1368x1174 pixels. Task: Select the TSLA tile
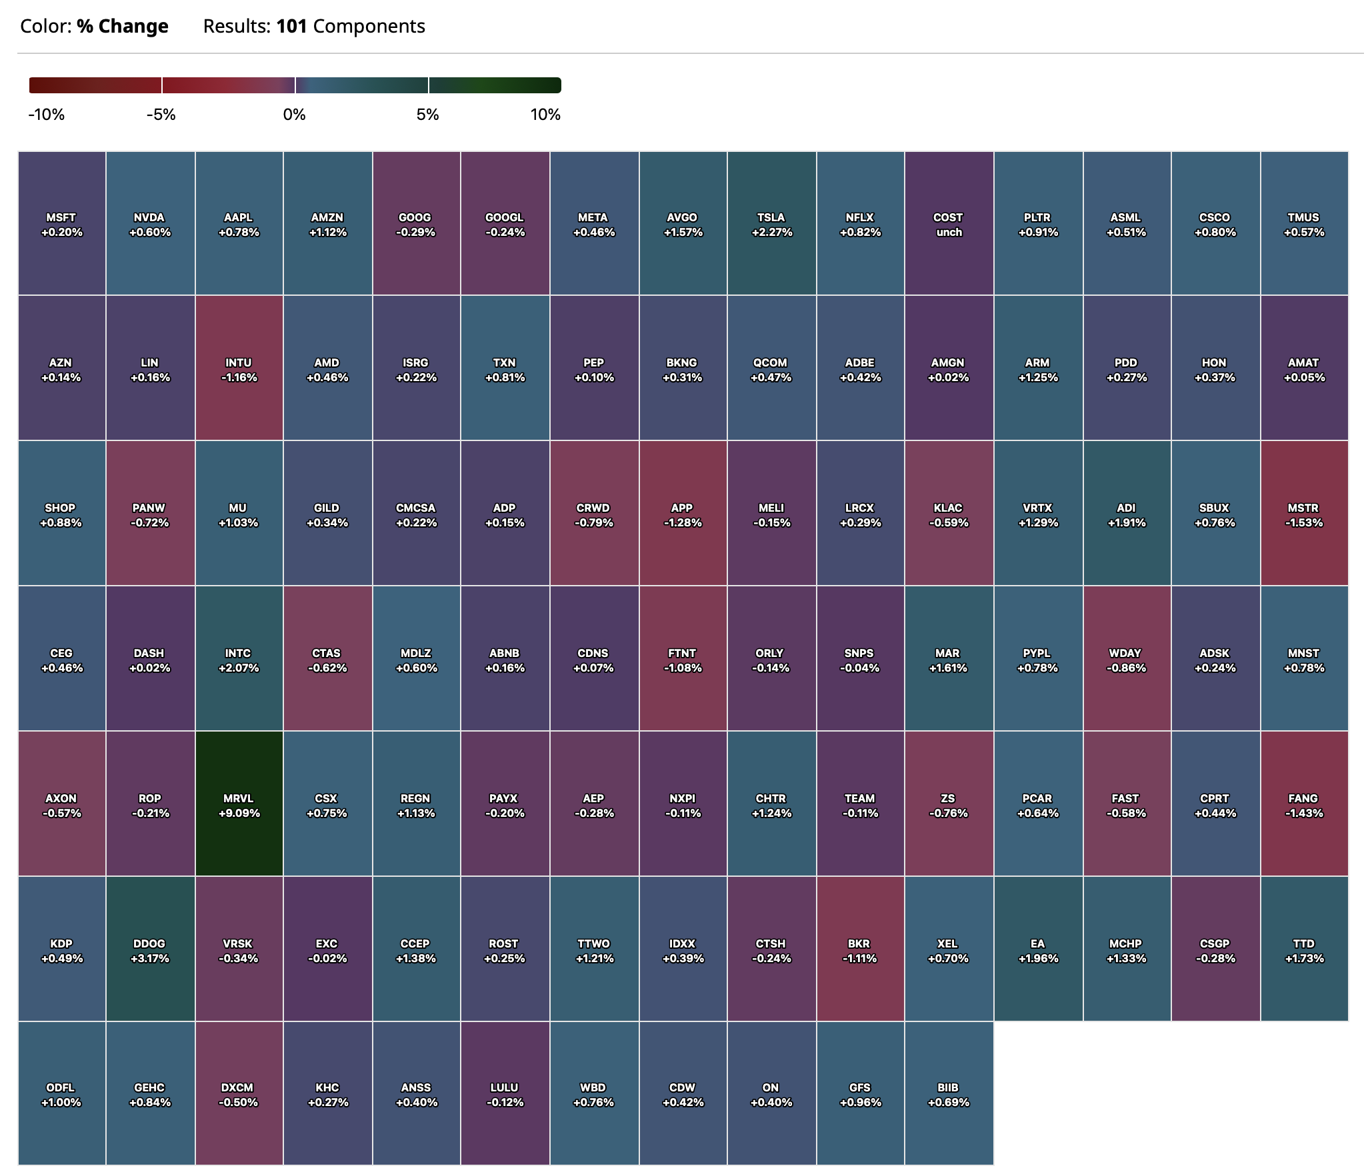coord(771,224)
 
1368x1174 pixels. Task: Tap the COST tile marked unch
coord(948,224)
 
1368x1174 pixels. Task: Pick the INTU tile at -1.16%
coord(239,369)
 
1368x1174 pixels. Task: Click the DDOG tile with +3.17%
coord(150,950)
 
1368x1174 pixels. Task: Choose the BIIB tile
coord(948,1094)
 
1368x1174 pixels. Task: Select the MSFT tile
coord(61,224)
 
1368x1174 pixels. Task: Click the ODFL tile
coord(61,1094)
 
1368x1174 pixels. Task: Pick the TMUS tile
coord(1303,224)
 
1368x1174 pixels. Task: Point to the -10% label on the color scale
coord(47,115)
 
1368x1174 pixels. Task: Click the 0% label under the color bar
coord(294,115)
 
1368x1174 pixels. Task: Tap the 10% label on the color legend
coord(545,115)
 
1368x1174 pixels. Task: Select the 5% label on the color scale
coord(427,115)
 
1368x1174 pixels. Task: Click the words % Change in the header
coord(123,27)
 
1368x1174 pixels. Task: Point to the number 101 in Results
coord(291,27)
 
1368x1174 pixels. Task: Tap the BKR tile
coord(859,950)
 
